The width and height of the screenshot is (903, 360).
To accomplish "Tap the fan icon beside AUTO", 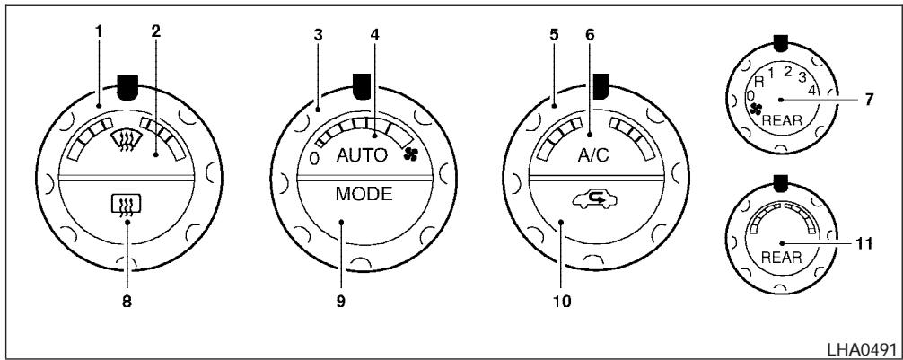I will coord(412,154).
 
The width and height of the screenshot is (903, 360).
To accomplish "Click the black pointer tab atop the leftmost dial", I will coord(127,87).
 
